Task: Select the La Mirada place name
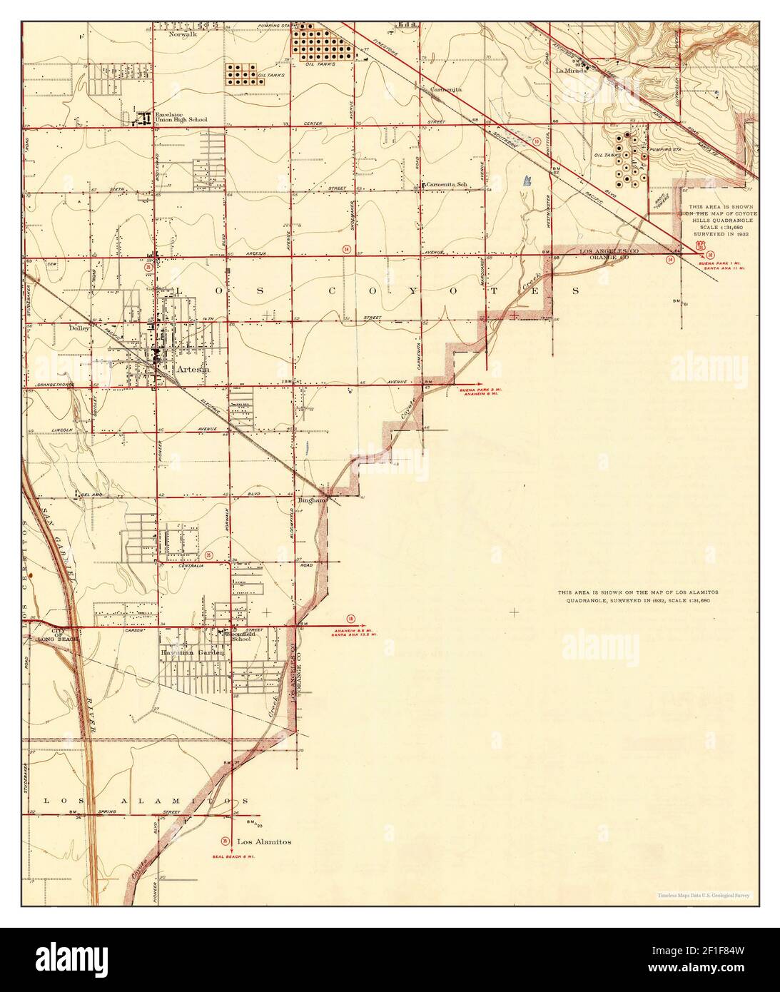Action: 572,71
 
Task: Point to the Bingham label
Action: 312,500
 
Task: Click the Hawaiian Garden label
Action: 193,652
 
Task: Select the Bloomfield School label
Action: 238,635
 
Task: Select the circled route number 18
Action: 350,618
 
